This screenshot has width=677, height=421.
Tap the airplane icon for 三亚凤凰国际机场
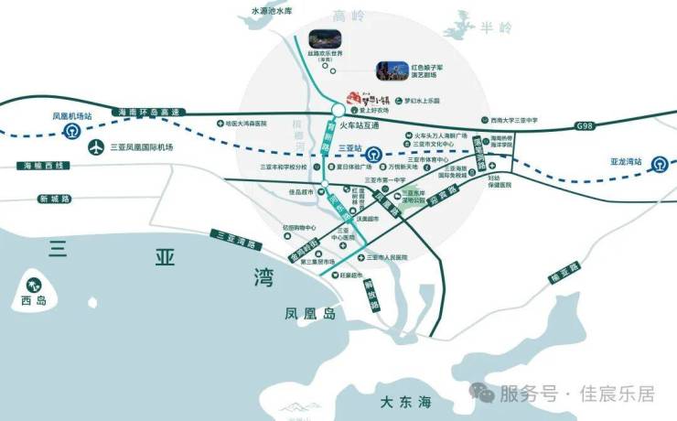pyautogui.click(x=95, y=146)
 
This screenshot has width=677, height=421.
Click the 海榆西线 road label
pyautogui.click(x=44, y=166)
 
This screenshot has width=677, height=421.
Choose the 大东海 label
pyautogui.click(x=406, y=402)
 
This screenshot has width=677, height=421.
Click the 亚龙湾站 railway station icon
pyautogui.click(x=658, y=163)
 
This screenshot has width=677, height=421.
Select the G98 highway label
pyautogui.click(x=585, y=124)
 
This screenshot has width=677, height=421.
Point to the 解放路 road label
pyautogui.click(x=372, y=294)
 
